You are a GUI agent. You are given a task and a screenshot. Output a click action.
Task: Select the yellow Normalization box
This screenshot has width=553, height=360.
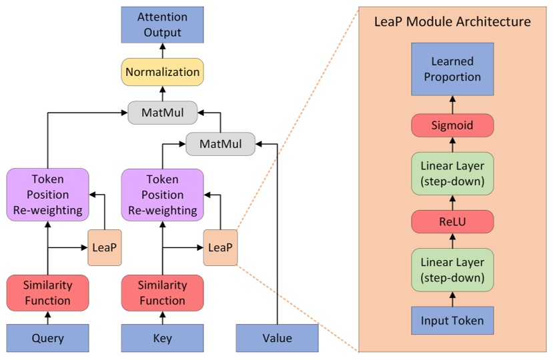tap(163, 72)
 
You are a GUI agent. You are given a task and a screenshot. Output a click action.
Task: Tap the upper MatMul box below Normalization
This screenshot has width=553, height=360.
tap(163, 113)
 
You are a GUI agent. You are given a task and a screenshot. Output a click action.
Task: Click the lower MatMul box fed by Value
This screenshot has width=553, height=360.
tap(220, 144)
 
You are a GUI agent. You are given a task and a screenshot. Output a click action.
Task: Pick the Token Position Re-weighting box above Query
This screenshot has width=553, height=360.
tap(48, 195)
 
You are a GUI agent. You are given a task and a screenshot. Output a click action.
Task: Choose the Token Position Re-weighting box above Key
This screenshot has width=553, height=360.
tap(163, 195)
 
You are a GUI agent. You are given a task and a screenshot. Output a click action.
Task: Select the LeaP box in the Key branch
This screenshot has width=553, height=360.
tap(220, 247)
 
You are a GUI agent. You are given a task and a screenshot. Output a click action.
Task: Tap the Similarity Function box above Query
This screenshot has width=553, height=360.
tap(48, 293)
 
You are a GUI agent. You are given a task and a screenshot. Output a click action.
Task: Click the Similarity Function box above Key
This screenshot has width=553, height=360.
tap(163, 293)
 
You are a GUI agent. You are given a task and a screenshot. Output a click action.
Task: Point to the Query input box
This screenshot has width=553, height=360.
tap(48, 338)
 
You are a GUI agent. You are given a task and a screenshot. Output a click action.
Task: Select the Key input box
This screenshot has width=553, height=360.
tap(163, 338)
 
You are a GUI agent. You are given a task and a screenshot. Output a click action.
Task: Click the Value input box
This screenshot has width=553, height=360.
tap(278, 338)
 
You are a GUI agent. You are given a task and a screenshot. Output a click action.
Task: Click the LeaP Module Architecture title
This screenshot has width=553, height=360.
tap(452, 22)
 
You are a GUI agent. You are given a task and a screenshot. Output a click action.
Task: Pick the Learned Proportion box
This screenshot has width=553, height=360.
tap(452, 69)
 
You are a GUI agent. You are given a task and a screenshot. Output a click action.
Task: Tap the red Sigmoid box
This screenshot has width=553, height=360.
tap(452, 125)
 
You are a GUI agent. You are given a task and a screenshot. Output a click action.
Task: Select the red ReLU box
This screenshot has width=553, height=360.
tap(452, 222)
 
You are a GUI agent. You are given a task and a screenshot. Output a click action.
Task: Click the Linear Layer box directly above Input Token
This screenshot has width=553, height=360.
tap(452, 270)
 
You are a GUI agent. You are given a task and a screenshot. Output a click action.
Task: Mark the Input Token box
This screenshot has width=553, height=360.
tap(452, 321)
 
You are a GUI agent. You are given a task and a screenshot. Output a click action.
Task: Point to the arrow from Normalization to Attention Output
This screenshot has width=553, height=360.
tap(163, 51)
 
